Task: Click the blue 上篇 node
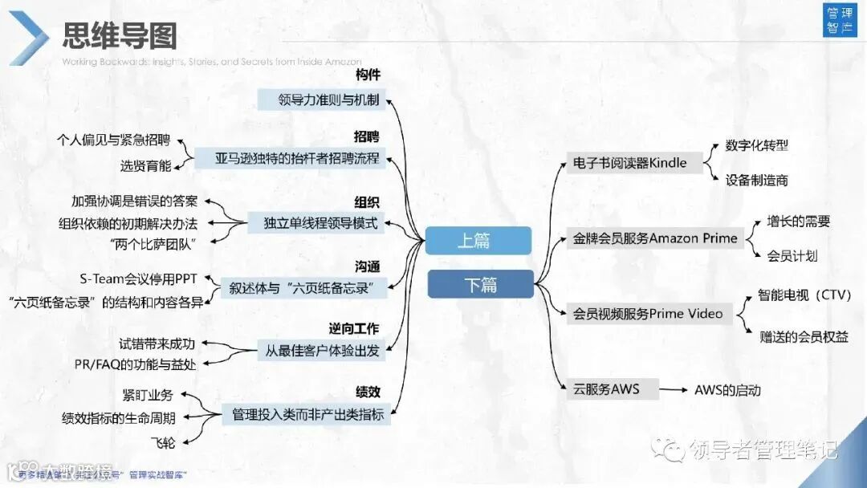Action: coord(478,241)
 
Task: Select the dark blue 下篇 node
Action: coord(480,285)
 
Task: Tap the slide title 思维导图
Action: coord(120,36)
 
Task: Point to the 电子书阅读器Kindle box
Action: coord(629,163)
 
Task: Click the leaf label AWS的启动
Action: coord(727,391)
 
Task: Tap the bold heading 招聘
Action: coord(367,136)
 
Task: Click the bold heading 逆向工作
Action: coord(354,328)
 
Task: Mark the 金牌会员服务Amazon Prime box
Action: coord(654,238)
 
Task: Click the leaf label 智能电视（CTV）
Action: coord(804,295)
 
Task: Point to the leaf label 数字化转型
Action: coord(756,145)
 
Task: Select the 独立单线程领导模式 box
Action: coord(320,223)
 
